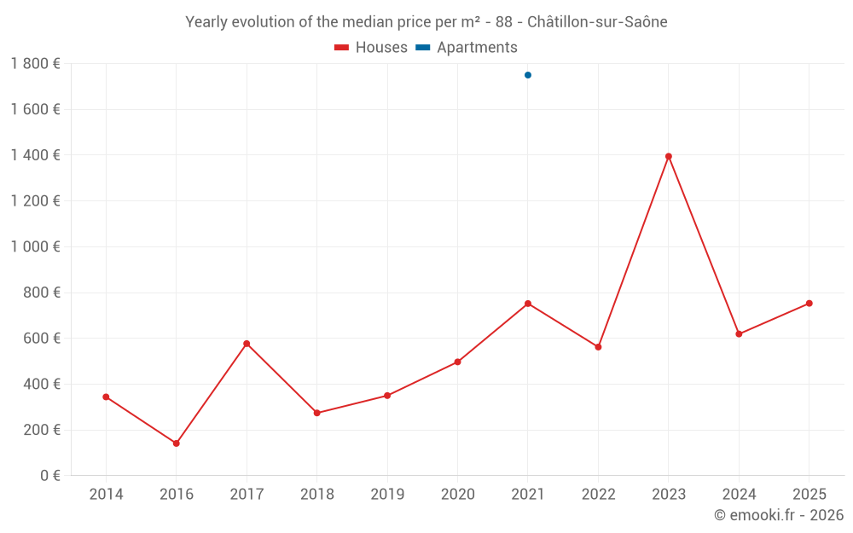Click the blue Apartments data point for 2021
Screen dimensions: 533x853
tap(528, 75)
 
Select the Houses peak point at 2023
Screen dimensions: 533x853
tap(669, 156)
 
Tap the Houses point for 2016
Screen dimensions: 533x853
tap(177, 443)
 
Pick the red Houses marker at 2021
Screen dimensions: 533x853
tap(528, 304)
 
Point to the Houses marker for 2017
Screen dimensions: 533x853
tap(247, 344)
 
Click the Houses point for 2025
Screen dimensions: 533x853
tap(809, 304)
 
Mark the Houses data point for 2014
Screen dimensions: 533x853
tap(106, 397)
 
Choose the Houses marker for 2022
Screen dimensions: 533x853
tap(598, 347)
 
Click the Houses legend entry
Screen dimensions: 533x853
tap(371, 48)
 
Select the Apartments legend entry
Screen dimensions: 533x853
tap(467, 48)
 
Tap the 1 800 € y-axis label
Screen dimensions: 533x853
tap(36, 64)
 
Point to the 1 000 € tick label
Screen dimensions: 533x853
tap(36, 246)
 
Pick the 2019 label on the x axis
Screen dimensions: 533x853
tap(387, 495)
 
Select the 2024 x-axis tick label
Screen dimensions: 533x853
tap(739, 495)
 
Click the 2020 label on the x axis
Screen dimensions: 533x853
tap(457, 495)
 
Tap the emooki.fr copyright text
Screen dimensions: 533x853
tap(779, 515)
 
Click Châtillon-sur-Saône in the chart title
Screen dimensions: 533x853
tap(597, 22)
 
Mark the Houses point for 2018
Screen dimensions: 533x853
tap(317, 413)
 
